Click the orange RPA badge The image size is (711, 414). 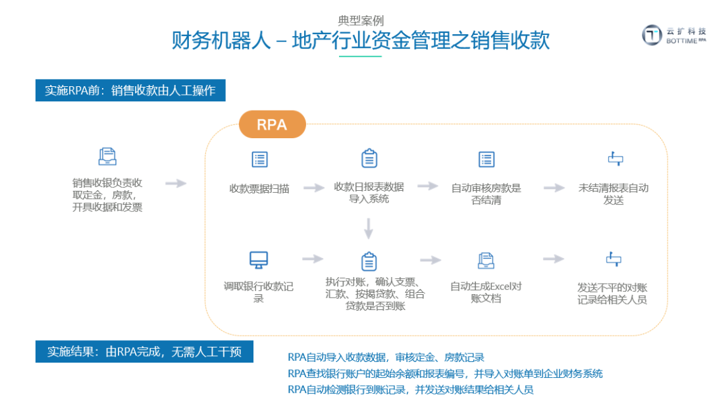[272, 124]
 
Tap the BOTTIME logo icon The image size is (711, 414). [652, 35]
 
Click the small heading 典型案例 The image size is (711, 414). [360, 20]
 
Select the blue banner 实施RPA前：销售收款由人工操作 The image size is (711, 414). [130, 91]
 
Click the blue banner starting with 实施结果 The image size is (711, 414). [144, 351]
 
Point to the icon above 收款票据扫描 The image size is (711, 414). [259, 159]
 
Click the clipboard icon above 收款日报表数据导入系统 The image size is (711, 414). [369, 159]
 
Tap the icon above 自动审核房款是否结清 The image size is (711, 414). [486, 159]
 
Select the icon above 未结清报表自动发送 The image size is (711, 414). [614, 159]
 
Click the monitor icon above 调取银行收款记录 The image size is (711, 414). [258, 259]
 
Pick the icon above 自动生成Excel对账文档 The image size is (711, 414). [486, 260]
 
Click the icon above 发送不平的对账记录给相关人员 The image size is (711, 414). [614, 259]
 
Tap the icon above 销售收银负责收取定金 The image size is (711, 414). [107, 157]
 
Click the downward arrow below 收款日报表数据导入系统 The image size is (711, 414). [369, 228]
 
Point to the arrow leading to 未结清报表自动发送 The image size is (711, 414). [554, 188]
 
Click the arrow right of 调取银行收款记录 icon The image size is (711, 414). [313, 259]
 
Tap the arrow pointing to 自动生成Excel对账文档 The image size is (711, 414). [431, 260]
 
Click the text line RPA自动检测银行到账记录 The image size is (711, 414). [410, 390]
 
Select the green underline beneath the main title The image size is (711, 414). [360, 57]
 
